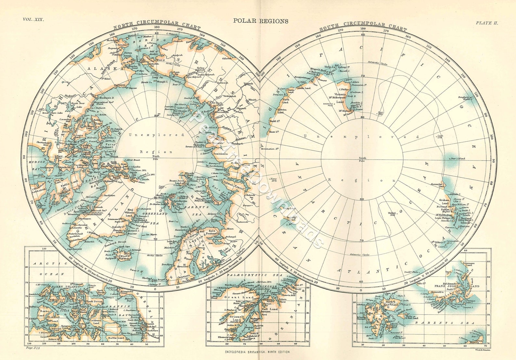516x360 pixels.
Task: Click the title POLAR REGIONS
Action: (261, 21)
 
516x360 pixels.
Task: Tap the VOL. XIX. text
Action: (33, 19)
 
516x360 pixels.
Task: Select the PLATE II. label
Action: (487, 23)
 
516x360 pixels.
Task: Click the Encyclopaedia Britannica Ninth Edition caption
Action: (257, 352)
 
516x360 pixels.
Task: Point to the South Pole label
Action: (362, 159)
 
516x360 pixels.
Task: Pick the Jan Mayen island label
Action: (151, 234)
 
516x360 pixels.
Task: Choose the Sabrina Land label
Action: (282, 111)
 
